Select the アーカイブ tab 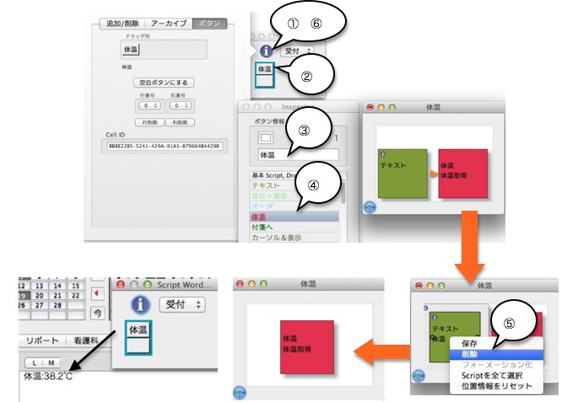[170, 24]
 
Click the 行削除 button [149, 121]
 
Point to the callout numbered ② [307, 77]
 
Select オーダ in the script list [261, 206]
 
